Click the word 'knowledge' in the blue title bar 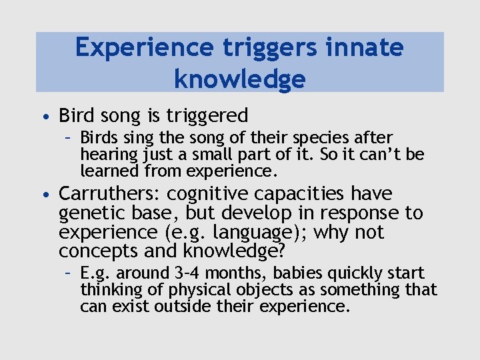point(239,79)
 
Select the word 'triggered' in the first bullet point(207,115)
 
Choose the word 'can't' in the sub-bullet point(382,155)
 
